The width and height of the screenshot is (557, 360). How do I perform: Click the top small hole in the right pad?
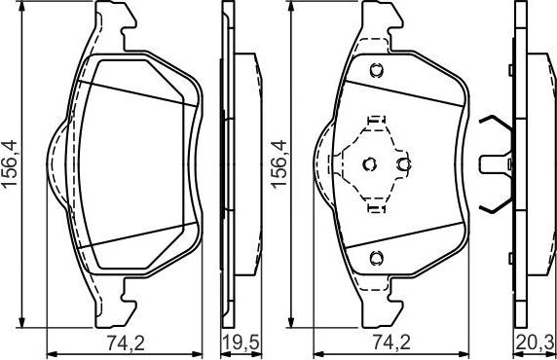376,69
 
